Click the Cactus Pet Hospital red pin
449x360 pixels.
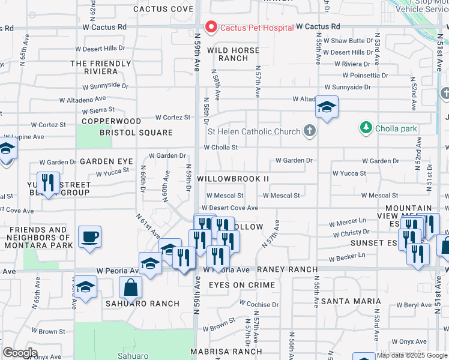(211, 27)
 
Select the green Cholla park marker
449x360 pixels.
(366, 127)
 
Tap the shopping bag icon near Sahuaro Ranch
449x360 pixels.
(130, 288)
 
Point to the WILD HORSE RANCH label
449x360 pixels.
(234, 54)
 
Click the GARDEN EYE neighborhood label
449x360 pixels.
(106, 161)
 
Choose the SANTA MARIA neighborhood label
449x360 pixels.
(351, 301)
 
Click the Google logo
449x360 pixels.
(20, 353)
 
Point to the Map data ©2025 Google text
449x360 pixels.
(412, 355)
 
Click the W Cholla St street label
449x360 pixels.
(221, 147)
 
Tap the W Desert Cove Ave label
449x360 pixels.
(229, 208)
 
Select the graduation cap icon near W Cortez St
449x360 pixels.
(327, 107)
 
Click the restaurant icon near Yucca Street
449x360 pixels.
(48, 182)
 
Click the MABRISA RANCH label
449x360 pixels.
(226, 351)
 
